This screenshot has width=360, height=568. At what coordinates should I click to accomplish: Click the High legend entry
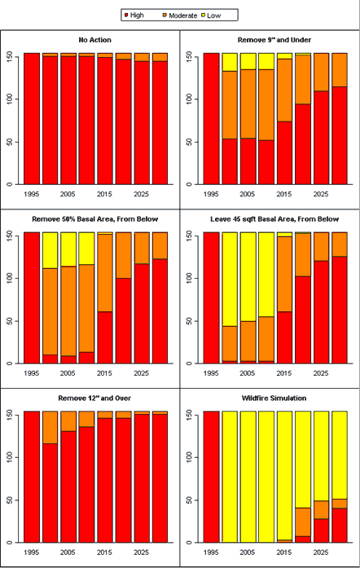point(134,15)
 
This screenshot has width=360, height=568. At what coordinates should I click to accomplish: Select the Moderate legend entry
point(180,15)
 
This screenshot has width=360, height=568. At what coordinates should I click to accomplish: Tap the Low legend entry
point(211,15)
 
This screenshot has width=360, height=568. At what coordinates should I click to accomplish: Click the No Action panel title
point(95,40)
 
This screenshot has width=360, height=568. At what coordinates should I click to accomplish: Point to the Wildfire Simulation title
point(274,398)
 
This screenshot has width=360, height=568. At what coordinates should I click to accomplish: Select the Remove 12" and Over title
point(94,398)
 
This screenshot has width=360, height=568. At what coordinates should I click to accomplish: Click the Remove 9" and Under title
point(274,40)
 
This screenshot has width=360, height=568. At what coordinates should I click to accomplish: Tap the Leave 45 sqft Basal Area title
point(274,219)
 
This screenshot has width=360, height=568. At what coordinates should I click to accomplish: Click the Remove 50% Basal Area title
point(95,219)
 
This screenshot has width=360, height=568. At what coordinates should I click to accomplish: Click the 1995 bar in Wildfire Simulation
point(211,477)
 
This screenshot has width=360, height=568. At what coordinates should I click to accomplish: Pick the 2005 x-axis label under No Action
point(68,194)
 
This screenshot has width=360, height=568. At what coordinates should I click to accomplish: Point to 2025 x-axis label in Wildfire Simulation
point(321,553)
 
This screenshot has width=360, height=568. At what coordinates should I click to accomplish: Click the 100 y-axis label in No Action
point(10,99)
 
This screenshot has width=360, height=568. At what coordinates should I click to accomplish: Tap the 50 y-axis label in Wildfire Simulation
point(189,500)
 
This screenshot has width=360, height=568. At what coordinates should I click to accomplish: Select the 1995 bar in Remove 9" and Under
point(211,118)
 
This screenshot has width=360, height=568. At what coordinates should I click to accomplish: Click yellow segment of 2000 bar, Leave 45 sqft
point(230,280)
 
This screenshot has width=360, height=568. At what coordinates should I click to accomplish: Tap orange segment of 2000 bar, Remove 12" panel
point(50,428)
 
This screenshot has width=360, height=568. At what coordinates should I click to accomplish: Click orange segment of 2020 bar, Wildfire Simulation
point(303,522)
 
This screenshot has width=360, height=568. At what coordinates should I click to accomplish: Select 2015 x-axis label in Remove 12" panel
point(104,553)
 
